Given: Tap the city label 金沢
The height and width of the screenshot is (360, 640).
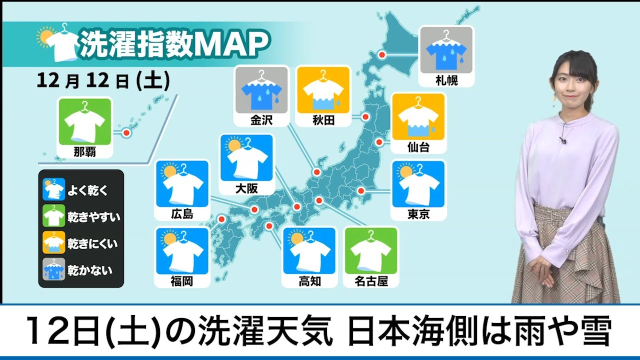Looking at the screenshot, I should coord(261,120).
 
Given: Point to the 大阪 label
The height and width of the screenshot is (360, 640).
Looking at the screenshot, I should coord(246,189).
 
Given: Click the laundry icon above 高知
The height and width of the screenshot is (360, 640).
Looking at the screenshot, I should coord(309,251).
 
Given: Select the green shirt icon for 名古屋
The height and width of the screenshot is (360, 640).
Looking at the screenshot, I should coord(371,251).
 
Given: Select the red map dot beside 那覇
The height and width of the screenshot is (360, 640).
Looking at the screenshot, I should coord(126,133).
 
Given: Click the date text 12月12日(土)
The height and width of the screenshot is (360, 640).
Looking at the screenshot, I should coord(103,81).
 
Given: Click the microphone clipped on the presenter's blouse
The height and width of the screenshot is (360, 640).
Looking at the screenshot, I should coord(563,139).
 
